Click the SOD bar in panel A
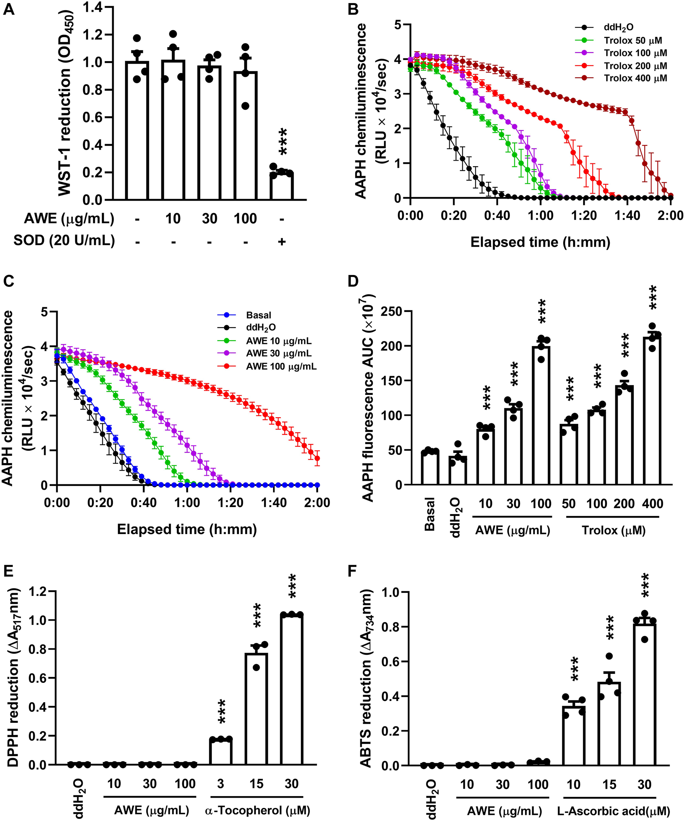point(281,186)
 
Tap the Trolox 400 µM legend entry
point(635,78)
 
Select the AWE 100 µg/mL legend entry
point(281,366)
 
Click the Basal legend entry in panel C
point(258,315)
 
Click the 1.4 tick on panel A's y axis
point(92,7)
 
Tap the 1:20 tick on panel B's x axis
point(584,215)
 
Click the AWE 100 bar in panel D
point(541,415)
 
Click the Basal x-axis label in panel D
point(430,514)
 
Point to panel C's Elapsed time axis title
point(187,529)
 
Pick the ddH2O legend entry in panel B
point(618,27)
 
